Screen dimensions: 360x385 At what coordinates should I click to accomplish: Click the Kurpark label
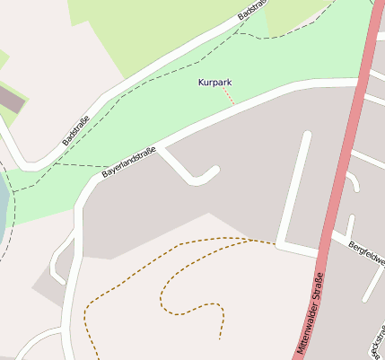tap(214, 83)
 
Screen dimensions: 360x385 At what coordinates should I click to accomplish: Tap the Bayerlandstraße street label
tap(128, 162)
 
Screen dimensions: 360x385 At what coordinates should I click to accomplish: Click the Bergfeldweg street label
tap(367, 252)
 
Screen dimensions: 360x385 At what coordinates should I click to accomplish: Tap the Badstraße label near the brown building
tap(77, 130)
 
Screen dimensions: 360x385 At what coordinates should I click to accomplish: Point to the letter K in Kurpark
tap(200, 83)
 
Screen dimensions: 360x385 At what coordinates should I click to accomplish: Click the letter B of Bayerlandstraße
tap(104, 173)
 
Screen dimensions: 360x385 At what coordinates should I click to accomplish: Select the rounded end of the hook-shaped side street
tap(214, 170)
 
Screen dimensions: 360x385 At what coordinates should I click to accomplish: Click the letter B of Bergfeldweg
tap(351, 243)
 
